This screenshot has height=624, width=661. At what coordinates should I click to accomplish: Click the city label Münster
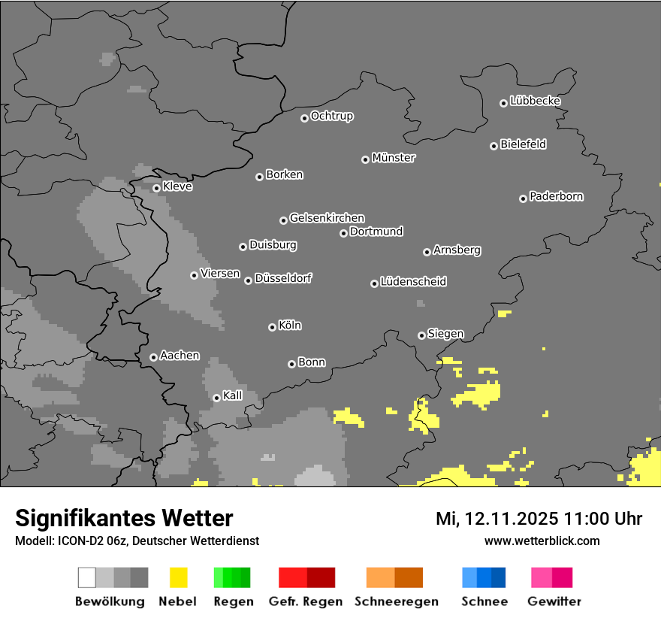(x=394, y=158)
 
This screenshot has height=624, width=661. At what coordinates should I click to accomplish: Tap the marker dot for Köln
(x=272, y=327)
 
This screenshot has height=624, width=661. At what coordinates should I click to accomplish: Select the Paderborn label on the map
(x=557, y=196)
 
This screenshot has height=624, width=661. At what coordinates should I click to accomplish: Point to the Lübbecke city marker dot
(x=503, y=103)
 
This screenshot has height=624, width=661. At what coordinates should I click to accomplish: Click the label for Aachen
(x=180, y=355)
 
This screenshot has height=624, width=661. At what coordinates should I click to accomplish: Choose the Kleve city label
(x=177, y=186)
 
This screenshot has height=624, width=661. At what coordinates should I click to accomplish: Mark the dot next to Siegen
(x=421, y=335)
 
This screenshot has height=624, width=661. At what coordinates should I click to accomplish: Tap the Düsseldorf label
(x=283, y=278)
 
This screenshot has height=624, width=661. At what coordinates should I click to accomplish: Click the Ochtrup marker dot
(x=304, y=118)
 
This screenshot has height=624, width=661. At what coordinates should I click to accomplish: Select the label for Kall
(x=233, y=395)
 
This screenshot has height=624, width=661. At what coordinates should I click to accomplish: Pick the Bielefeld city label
(x=524, y=144)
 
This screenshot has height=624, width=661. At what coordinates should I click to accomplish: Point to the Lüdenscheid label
(x=413, y=282)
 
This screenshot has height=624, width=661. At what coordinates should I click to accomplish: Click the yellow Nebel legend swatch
(x=179, y=577)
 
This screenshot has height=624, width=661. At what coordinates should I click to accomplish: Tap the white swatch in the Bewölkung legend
(x=87, y=577)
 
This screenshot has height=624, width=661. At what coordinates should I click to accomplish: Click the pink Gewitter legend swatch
(x=542, y=577)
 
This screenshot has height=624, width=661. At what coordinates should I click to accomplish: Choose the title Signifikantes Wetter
(x=124, y=518)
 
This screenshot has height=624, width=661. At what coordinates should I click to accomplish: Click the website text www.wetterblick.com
(x=542, y=541)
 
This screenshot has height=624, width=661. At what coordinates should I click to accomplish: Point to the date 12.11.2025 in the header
(x=510, y=519)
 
